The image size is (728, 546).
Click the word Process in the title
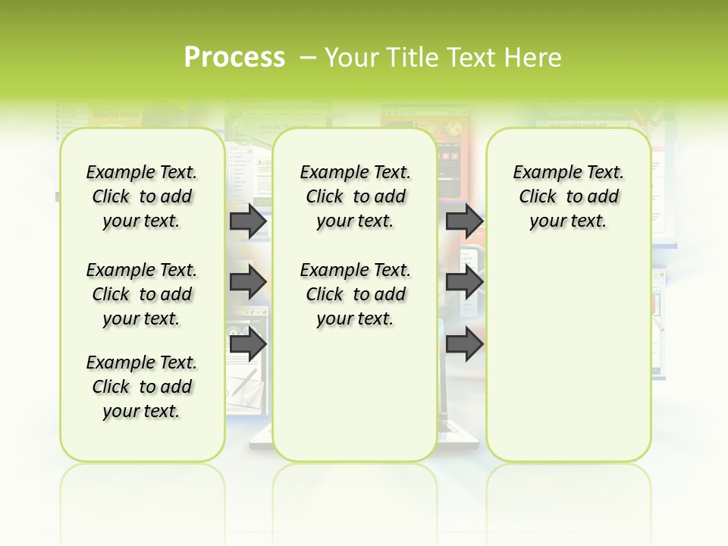tap(234, 57)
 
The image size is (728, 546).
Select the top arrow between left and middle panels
tap(247, 221)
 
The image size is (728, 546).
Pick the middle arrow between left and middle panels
tap(247, 282)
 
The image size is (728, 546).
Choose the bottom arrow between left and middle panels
tap(247, 344)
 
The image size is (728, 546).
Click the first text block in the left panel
tap(142, 196)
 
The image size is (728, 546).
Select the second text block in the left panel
tap(142, 294)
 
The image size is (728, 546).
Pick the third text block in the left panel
tap(142, 387)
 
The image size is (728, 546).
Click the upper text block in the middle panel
tap(355, 196)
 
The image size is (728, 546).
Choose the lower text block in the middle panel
tap(355, 294)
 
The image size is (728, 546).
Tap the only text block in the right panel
tap(568, 196)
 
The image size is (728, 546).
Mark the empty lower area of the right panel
tap(568, 356)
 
